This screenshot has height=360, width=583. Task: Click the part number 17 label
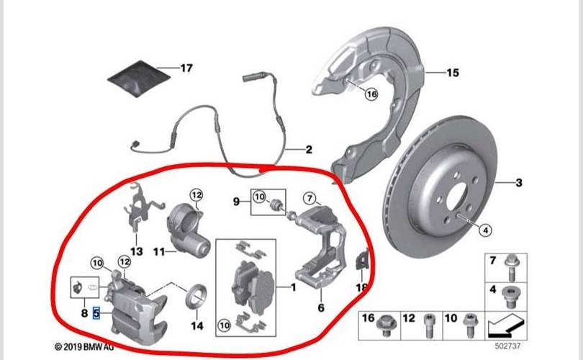[186, 68]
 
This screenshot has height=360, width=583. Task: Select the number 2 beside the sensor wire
[308, 150]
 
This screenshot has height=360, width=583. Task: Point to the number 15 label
[452, 73]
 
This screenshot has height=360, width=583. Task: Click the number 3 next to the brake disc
[519, 183]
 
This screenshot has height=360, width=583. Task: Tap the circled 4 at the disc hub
[484, 230]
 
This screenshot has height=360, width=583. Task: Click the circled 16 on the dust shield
[371, 94]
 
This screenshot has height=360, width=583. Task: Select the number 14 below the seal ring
[196, 325]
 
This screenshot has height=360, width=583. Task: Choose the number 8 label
[83, 314]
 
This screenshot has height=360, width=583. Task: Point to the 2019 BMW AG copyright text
[84, 347]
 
